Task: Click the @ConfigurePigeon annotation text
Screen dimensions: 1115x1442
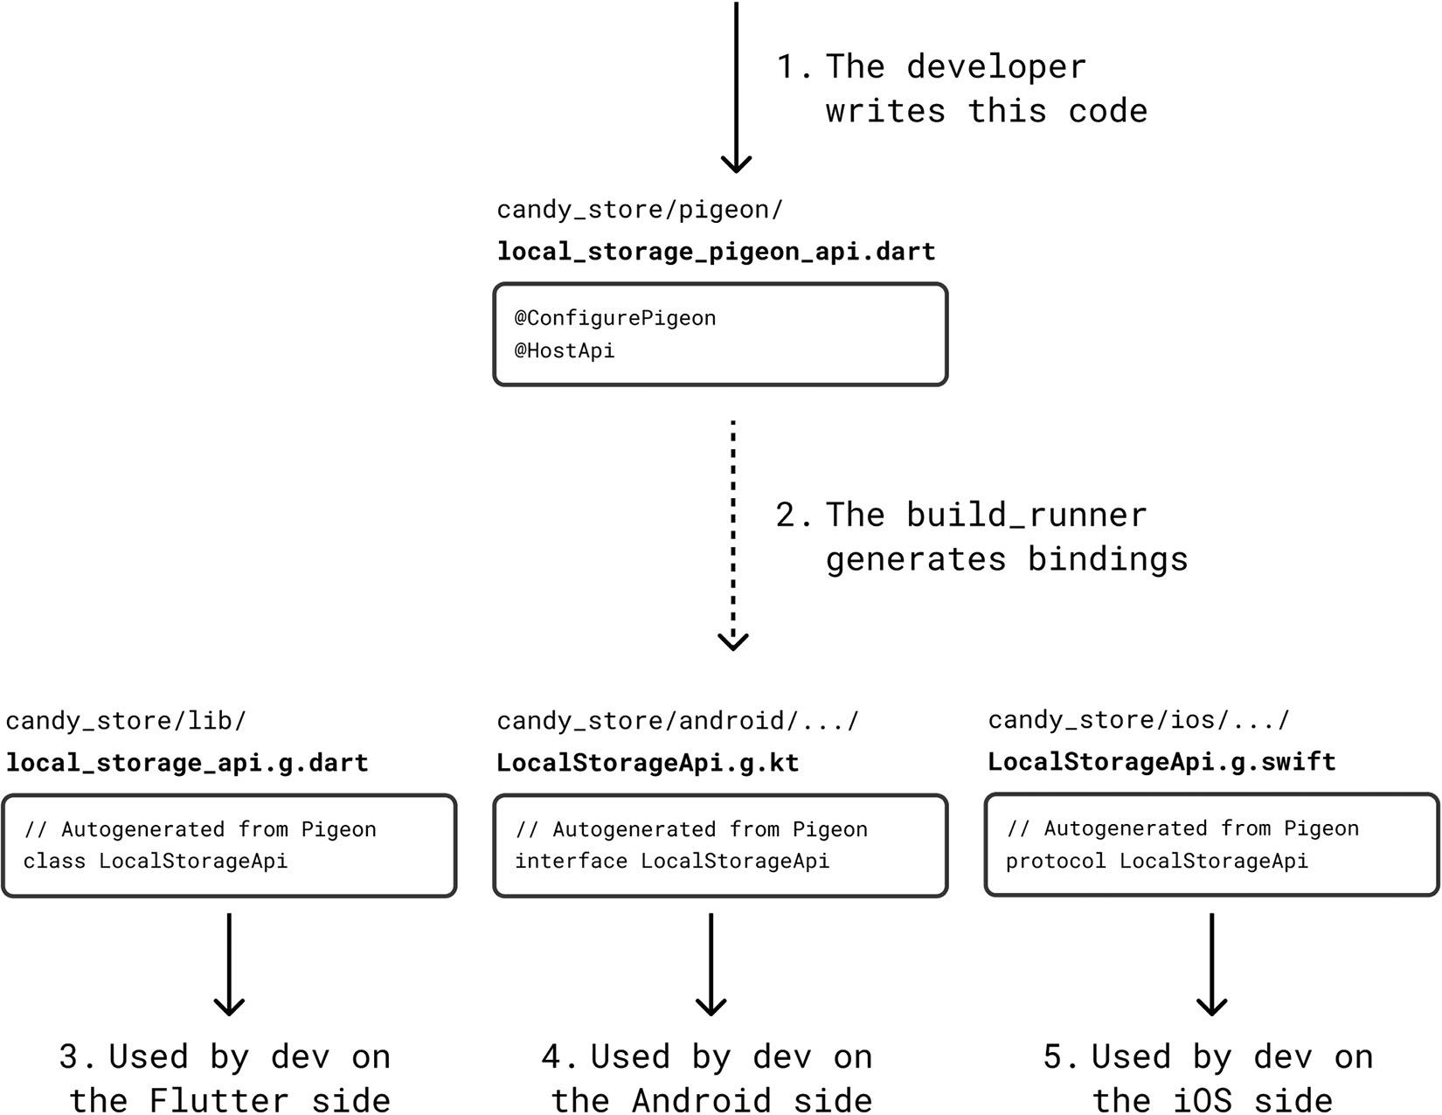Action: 615,318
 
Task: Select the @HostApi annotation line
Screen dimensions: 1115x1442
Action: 565,350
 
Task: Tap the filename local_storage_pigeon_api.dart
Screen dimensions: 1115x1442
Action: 716,252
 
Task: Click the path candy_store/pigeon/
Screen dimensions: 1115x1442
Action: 640,210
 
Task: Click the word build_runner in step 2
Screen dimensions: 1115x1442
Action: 1026,515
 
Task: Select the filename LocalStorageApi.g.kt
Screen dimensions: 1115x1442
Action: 648,763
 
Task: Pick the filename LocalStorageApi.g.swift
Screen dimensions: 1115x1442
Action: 1161,762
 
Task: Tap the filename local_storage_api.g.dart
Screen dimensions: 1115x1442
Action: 187,763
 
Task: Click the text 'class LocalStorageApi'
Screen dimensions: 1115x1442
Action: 156,861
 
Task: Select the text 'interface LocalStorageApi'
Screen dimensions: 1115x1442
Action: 672,861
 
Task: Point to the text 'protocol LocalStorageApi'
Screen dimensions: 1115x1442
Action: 1156,861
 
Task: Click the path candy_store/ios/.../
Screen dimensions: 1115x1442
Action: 1138,720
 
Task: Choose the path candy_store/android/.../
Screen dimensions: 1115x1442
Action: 677,721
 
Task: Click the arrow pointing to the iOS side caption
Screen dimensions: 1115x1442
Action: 1211,966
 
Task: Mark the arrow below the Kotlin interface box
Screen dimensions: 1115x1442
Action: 711,966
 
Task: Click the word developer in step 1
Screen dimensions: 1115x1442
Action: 995,67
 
